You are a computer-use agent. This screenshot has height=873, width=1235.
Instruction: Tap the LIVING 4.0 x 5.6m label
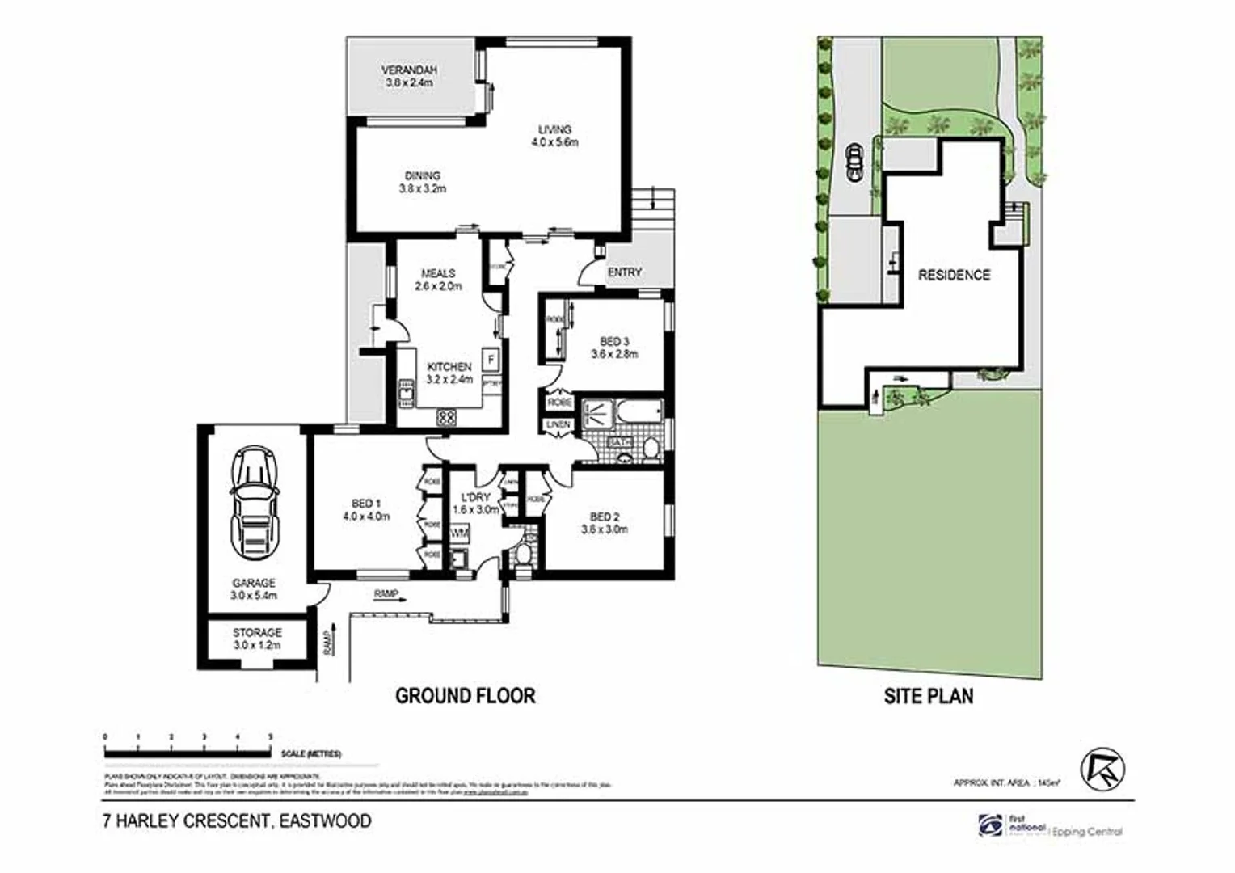(x=554, y=136)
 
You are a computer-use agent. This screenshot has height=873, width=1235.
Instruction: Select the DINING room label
(x=422, y=182)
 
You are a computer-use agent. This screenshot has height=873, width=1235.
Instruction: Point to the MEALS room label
(x=438, y=280)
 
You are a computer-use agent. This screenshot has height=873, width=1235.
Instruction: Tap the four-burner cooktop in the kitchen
(x=446, y=418)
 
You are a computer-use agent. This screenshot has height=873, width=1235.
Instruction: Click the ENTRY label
(x=624, y=272)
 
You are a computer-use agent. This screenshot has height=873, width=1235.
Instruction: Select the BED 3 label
(x=614, y=348)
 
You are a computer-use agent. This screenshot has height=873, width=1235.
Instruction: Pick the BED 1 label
(x=366, y=510)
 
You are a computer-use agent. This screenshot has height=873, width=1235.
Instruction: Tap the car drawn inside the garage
(x=254, y=501)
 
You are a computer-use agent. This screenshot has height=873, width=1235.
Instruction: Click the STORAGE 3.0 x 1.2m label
(x=257, y=639)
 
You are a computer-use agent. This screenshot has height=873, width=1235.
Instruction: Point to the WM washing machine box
(x=460, y=533)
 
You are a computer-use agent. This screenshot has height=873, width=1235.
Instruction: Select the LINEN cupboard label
(x=558, y=424)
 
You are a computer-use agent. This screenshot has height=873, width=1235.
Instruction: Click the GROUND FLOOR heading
(x=465, y=696)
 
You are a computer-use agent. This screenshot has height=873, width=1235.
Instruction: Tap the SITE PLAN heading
(x=929, y=696)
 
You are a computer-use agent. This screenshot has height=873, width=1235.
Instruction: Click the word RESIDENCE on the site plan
(x=954, y=276)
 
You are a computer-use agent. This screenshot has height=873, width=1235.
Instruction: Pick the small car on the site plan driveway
(x=853, y=161)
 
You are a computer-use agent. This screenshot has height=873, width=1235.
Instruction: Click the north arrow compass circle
(x=1103, y=769)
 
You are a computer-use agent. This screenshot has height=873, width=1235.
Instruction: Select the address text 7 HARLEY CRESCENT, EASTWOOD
(x=238, y=821)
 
